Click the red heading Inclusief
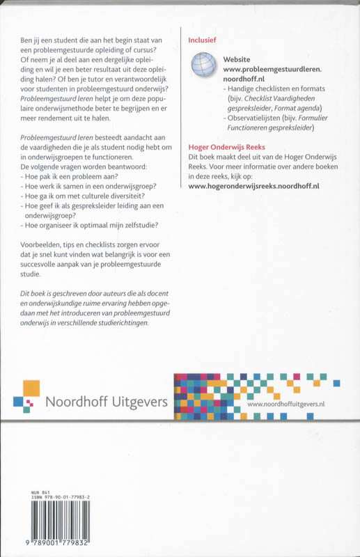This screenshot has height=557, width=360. click(204, 41)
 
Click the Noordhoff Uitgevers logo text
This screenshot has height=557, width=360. click(105, 402)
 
